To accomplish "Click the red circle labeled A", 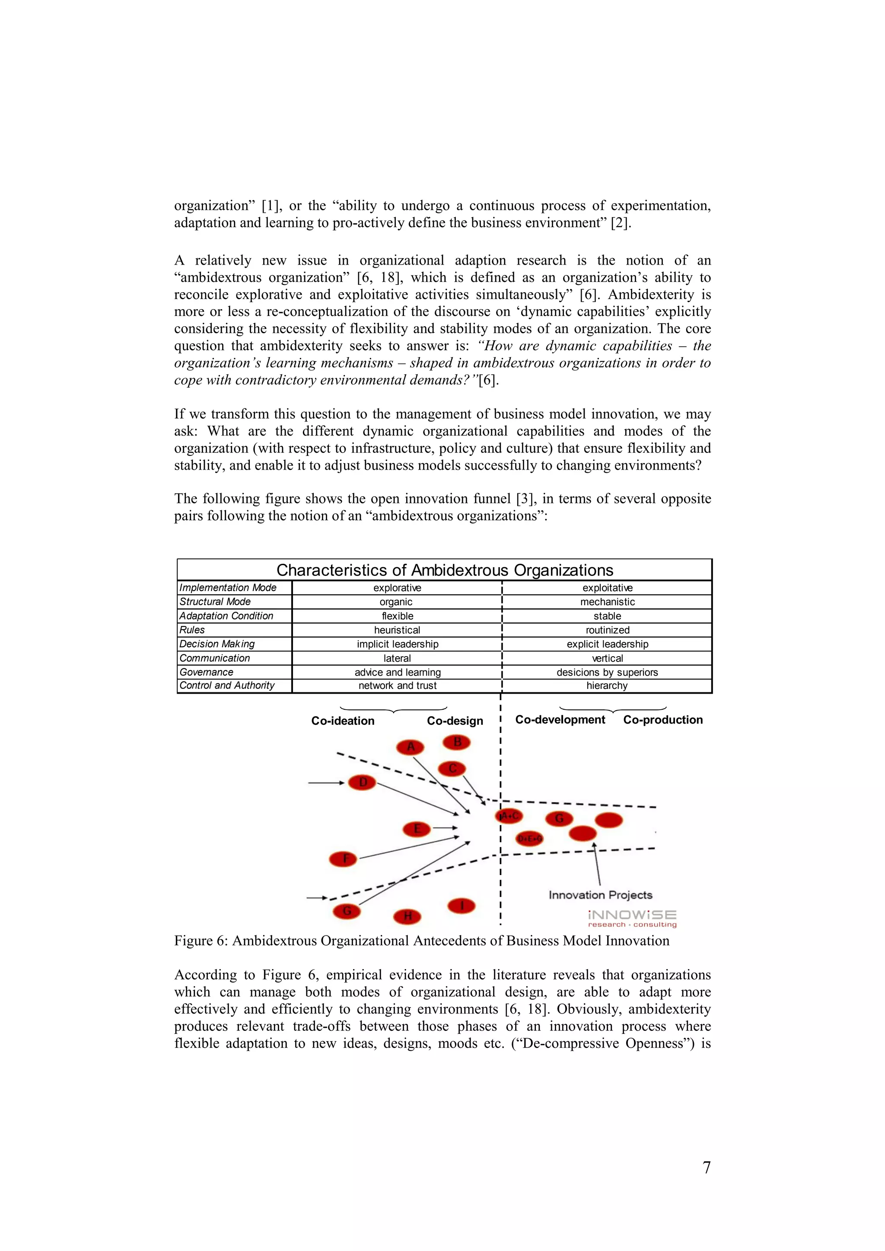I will point(411,746).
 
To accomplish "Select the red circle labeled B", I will point(457,742).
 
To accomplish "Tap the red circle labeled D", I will point(363,783).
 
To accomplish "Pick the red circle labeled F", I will point(344,859).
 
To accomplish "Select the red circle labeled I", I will point(462,906).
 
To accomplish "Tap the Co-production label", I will point(662,720).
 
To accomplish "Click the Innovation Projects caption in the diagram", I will point(600,895).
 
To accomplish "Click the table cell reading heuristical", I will point(397,630).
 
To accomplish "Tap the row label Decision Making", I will point(217,644).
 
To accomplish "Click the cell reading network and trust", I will point(397,686).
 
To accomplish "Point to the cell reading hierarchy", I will point(607,686).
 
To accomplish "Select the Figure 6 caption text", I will point(421,941).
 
